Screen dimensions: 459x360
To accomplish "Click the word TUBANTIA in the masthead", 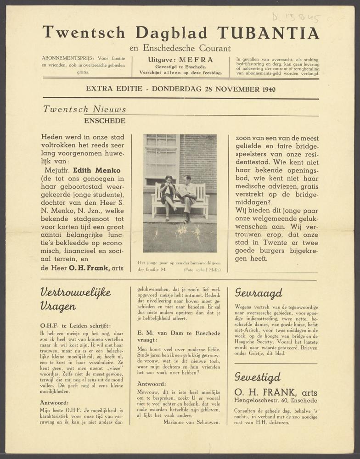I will [268, 33].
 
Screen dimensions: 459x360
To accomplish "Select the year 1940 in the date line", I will [266, 89].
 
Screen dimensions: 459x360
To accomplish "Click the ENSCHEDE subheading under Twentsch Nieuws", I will [104, 121].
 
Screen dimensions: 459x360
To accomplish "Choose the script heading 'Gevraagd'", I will [259, 293].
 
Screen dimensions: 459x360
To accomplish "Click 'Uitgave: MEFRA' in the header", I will [180, 60].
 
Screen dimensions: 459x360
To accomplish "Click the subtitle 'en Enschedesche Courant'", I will [180, 48].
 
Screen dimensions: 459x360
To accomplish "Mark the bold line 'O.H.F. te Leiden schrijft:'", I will [75, 325].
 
